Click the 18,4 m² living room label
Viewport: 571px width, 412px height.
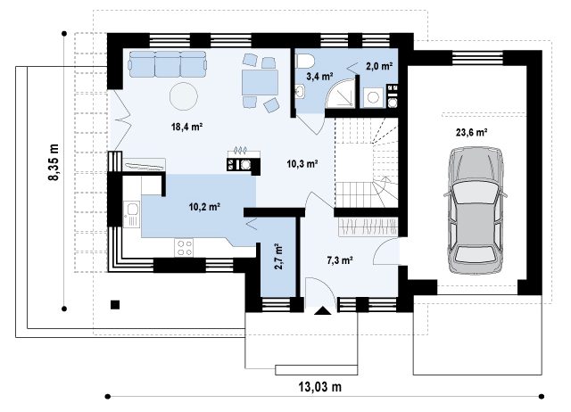point(186,127)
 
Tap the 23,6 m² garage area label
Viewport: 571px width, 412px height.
point(472,132)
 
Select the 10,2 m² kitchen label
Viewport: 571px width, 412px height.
point(204,207)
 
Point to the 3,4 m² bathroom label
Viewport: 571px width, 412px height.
point(319,76)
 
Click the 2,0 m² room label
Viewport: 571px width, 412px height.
point(379,66)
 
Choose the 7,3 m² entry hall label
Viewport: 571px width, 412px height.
point(339,260)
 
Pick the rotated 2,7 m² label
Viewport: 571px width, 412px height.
point(278,257)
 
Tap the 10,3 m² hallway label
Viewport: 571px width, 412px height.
point(302,164)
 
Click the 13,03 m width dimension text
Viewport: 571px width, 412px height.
point(320,386)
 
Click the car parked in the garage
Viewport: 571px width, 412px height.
point(475,210)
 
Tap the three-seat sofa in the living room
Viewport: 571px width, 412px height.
point(168,64)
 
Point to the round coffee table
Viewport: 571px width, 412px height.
point(184,96)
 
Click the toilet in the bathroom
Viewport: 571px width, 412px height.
point(304,61)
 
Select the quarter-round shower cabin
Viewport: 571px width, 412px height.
point(340,93)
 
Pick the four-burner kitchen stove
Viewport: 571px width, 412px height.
point(184,248)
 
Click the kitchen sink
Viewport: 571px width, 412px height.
point(132,214)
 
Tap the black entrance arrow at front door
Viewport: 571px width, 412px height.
point(322,310)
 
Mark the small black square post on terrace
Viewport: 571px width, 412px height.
point(115,304)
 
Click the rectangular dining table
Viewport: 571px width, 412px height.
point(260,83)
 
